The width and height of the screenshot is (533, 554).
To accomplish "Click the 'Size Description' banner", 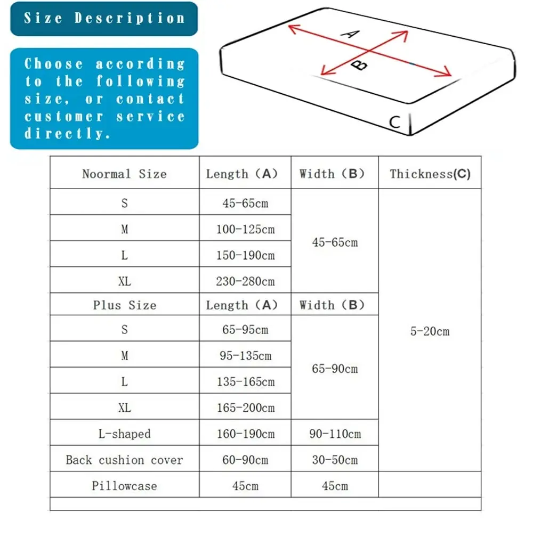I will pos(104,19).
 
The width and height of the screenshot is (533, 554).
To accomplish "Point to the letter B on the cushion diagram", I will pos(361,65).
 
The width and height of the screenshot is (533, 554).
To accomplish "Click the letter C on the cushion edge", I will pos(394,122).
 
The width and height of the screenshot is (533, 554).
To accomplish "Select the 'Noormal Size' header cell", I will pos(124,174).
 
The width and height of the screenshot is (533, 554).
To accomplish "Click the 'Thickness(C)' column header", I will pos(430,174).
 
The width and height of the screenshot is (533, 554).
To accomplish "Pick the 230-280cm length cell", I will pos(245,281).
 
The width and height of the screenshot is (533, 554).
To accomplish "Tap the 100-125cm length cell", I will pos(245,229).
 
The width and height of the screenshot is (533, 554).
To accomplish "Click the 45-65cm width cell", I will pos(335,242).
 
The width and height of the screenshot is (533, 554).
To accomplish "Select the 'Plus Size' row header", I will pos(124,305).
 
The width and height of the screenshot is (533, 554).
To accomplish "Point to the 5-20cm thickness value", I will pos(430,331).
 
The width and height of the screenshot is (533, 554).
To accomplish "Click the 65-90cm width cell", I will pos(335,369).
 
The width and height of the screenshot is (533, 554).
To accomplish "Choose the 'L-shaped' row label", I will pos(124,434).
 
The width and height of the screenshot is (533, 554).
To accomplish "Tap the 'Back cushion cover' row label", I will pos(124,460).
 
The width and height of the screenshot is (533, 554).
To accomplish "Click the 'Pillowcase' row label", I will pos(124,486).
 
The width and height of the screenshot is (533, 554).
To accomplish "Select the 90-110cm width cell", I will pos(335,434).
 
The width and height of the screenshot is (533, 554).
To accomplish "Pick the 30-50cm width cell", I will pos(335,460).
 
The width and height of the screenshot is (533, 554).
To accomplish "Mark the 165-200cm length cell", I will pos(245,408).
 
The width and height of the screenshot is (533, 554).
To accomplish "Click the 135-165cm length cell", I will pos(245,382).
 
